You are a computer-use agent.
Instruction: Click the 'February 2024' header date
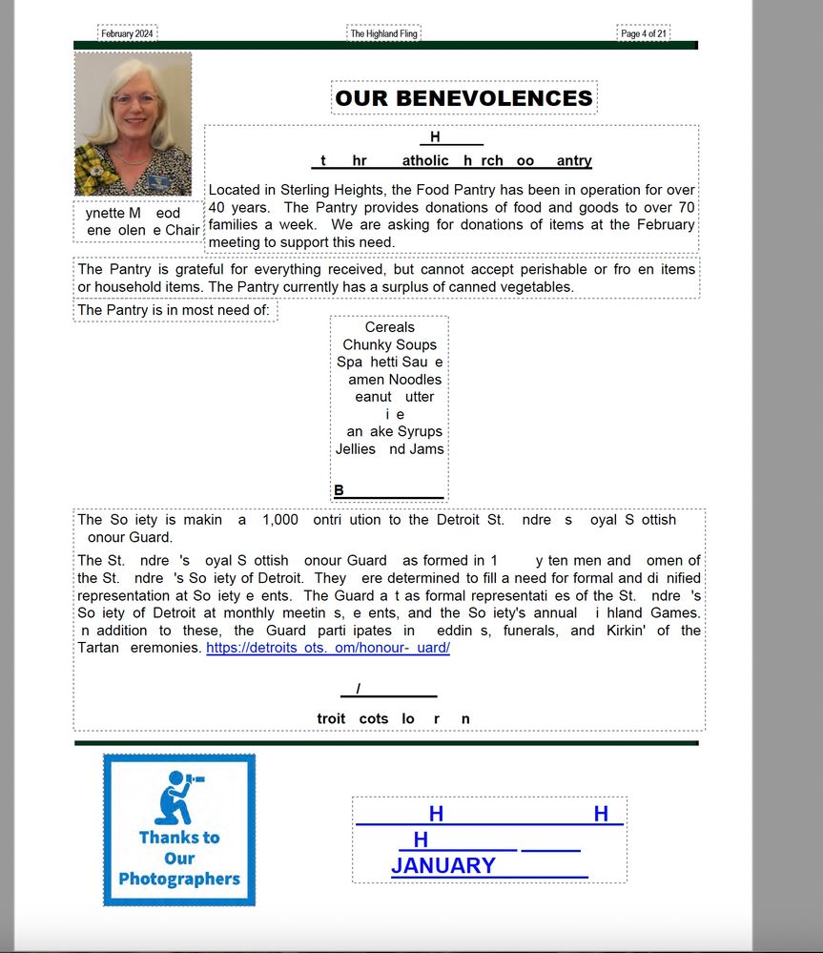[127, 33]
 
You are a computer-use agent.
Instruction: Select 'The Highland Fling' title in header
[383, 33]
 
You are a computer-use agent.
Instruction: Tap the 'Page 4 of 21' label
[643, 33]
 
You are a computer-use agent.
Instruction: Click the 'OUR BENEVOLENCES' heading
[463, 98]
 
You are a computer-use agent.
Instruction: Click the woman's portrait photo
[133, 123]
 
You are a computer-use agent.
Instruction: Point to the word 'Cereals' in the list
[389, 327]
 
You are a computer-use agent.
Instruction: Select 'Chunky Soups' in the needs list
[389, 344]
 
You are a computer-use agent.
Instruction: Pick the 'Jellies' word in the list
[356, 448]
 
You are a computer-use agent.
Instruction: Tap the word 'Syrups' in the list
[420, 431]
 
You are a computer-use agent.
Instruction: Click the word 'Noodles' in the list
[415, 380]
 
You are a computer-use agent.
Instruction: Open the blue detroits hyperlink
[327, 648]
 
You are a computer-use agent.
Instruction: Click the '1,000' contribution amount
[279, 520]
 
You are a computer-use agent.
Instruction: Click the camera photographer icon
[179, 797]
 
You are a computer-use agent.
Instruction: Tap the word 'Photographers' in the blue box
[179, 879]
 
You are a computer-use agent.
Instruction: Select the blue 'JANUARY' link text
[442, 865]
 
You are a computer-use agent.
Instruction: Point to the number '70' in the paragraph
[686, 207]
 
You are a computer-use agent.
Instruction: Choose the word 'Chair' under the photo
[182, 230]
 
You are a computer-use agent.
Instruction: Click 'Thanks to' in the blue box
[179, 837]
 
